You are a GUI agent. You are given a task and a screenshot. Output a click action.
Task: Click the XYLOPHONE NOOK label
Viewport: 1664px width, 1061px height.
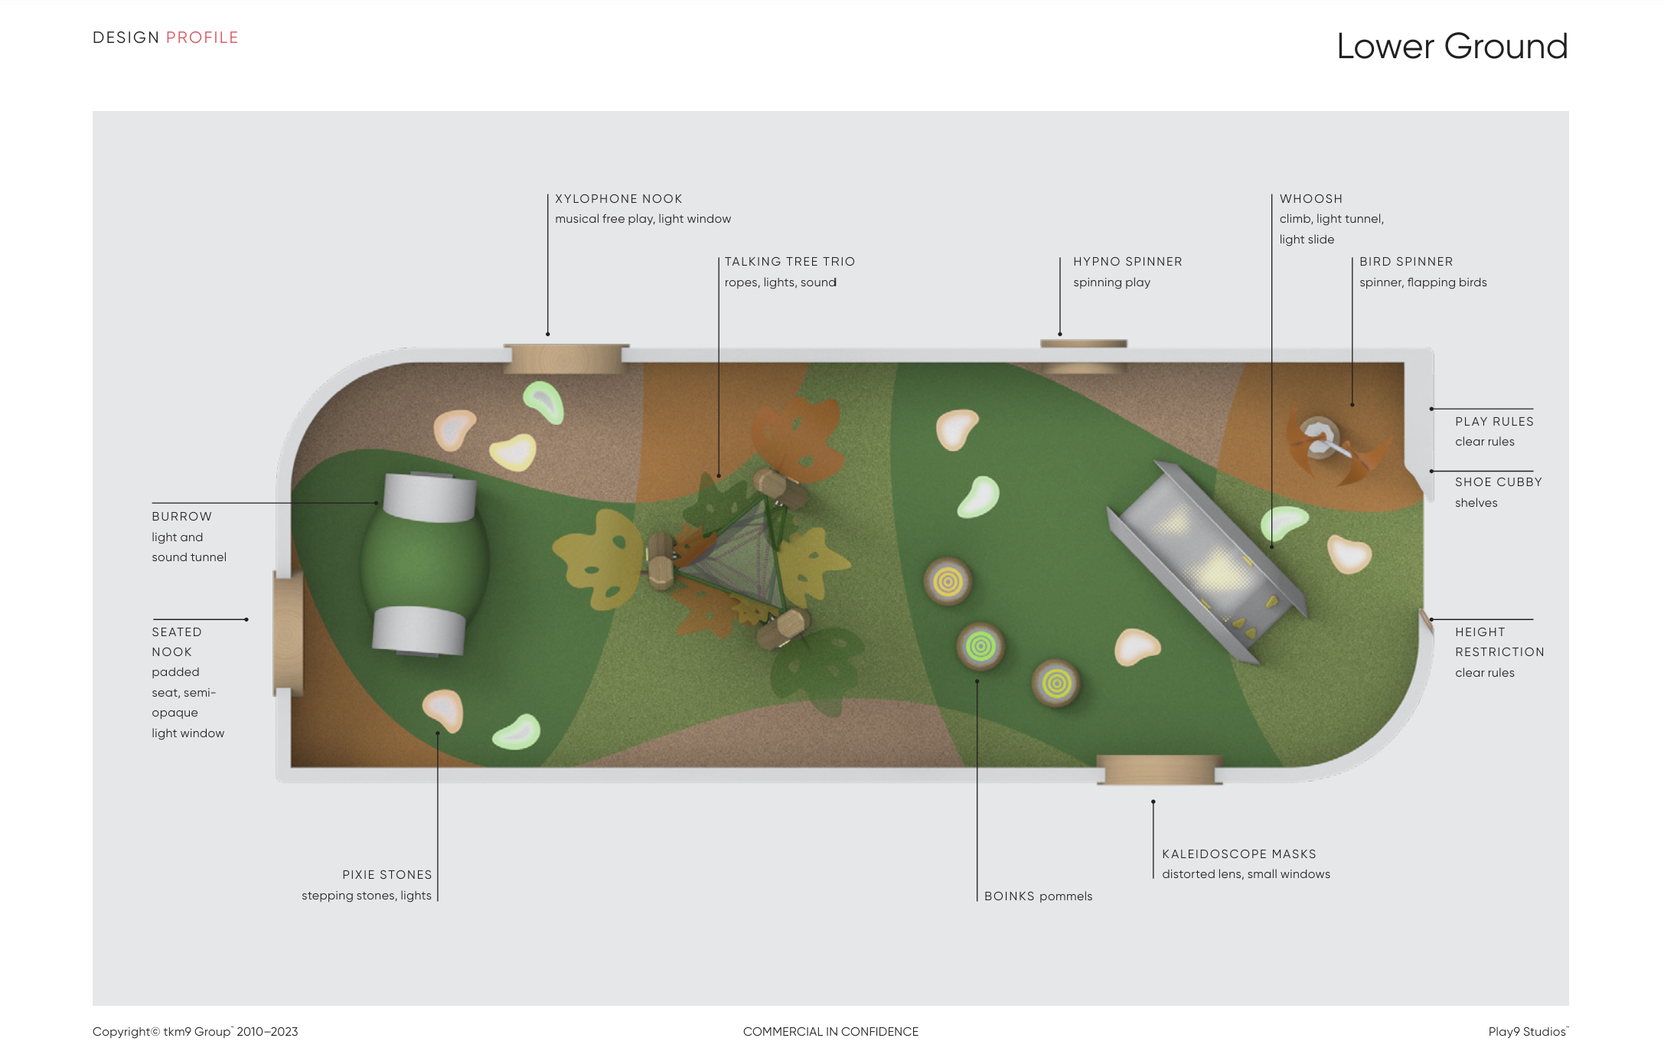point(618,199)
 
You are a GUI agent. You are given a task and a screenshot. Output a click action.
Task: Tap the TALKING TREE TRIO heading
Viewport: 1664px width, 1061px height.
point(789,262)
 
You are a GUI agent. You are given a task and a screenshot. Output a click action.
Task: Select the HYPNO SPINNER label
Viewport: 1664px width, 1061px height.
point(1127,262)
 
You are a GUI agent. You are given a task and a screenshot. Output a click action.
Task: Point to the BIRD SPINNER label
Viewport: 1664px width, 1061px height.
point(1405,262)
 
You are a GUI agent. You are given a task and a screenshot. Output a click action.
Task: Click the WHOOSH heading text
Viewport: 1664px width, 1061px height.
point(1310,199)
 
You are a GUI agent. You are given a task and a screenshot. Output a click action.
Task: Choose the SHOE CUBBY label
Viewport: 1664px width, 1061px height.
point(1498,482)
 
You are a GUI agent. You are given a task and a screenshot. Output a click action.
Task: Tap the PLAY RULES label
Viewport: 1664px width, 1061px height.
point(1493,422)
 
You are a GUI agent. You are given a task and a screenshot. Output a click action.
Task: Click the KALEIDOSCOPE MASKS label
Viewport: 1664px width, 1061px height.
point(1238,854)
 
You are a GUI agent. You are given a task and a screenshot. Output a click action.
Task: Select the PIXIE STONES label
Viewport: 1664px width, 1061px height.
point(387,875)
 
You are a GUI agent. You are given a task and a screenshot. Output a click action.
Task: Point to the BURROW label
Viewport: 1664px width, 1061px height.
point(181,517)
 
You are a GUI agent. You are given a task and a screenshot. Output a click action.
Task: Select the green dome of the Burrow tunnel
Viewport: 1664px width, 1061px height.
point(425,563)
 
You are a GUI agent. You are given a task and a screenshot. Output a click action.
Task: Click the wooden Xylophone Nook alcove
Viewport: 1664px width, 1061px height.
point(566,358)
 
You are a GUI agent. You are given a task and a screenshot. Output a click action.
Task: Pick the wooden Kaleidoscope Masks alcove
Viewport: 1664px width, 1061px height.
point(1159,769)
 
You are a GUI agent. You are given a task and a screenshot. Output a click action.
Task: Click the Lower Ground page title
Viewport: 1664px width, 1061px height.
point(1451,47)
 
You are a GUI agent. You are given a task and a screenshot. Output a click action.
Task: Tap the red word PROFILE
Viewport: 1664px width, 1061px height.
point(202,38)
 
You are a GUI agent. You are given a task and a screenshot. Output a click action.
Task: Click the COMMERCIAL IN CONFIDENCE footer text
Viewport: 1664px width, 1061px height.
point(830,1032)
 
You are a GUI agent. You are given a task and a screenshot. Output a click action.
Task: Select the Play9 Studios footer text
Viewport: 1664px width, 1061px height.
point(1527,1032)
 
